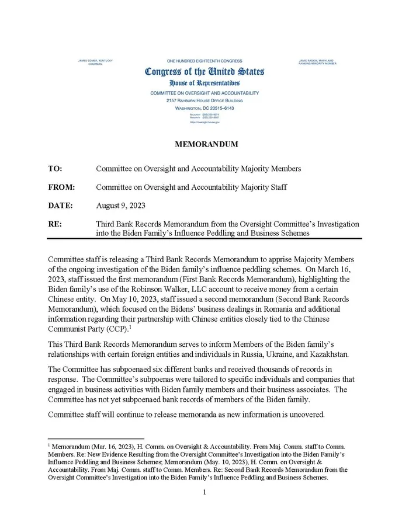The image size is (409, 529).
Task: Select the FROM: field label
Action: coord(61,187)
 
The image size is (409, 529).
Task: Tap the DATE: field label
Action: coord(60,206)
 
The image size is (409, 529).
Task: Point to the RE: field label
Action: coord(54,224)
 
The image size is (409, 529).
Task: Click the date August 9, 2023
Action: coord(120,206)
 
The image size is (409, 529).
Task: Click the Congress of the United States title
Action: coord(204,72)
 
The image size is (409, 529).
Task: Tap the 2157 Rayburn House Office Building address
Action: coord(204,100)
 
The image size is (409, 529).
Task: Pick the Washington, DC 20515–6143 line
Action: coord(204,109)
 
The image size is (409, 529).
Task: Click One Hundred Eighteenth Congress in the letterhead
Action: coord(204,61)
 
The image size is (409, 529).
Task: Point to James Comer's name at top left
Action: coord(95,61)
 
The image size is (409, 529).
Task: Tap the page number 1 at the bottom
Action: coord(204,493)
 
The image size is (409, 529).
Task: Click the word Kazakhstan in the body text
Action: coord(330,354)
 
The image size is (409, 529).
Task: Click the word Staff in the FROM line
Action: coord(277,187)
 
